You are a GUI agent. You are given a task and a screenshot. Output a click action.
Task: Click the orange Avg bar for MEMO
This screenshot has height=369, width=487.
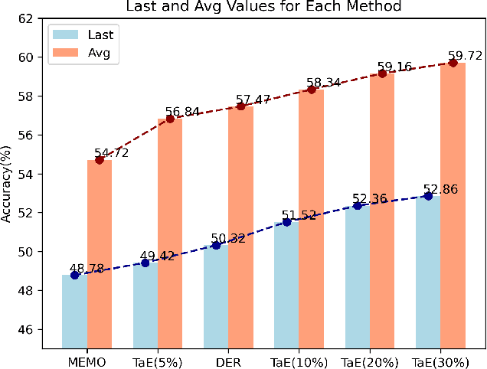pyautogui.click(x=100, y=253)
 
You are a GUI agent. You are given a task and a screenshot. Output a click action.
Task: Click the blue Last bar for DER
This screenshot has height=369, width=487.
pyautogui.click(x=216, y=295)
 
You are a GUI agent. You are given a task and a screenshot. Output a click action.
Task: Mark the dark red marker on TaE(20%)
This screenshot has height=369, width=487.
pyautogui.click(x=382, y=73)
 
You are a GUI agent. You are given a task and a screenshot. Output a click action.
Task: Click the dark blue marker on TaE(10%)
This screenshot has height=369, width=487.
pyautogui.click(x=286, y=222)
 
